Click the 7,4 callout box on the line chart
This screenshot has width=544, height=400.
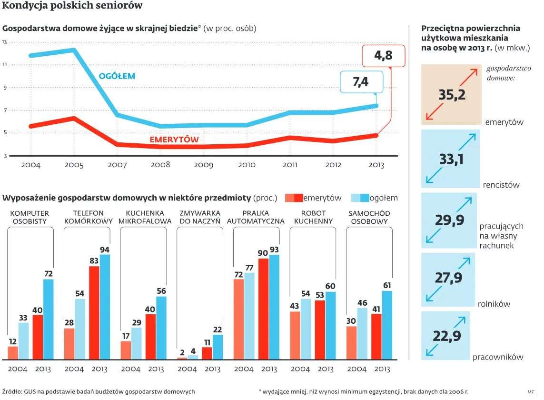(x=361, y=82)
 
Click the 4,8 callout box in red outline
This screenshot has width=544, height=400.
(x=383, y=56)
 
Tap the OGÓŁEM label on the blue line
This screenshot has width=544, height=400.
(x=117, y=76)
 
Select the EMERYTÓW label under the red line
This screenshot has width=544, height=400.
(x=174, y=140)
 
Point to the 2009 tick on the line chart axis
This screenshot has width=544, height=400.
(x=204, y=165)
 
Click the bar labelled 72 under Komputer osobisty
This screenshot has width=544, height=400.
(x=49, y=319)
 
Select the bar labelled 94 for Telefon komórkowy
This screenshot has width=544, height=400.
(x=105, y=307)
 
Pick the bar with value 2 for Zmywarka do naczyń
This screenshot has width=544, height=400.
(x=182, y=358)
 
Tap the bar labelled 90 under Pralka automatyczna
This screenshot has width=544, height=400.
(x=263, y=309)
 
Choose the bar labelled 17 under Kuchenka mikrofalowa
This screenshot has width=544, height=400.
(x=126, y=350)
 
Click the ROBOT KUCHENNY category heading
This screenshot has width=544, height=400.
(x=313, y=217)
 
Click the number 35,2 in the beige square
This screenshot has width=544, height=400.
(x=452, y=94)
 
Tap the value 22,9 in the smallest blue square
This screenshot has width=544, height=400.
(x=446, y=336)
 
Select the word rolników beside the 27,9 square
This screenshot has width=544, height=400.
(x=494, y=304)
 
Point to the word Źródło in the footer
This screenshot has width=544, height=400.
(x=12, y=391)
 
